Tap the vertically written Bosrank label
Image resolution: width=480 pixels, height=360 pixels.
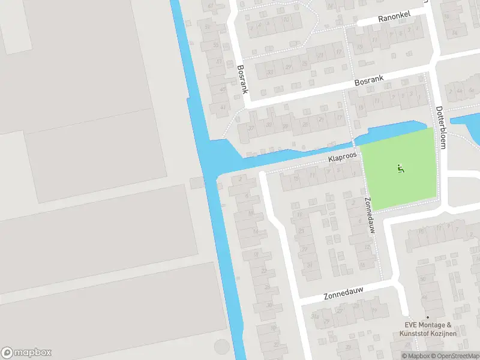tap(242, 80)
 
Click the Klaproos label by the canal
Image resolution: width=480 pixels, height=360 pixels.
tap(342, 158)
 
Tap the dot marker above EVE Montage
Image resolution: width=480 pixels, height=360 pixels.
tap(427, 317)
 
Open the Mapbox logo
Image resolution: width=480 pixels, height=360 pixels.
tap(26, 353)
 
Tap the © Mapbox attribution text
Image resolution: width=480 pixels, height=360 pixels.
tap(416, 356)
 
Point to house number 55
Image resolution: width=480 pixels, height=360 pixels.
tap(215, 46)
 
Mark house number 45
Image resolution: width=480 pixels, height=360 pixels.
tap(223, 89)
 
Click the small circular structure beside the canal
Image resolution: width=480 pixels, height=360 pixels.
tap(221, 347)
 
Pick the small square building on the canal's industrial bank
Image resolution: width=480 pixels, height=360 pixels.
tap(196, 183)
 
